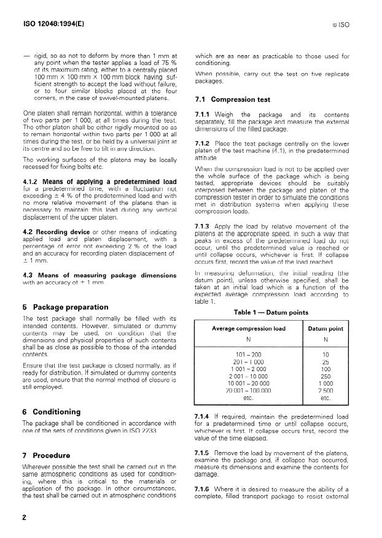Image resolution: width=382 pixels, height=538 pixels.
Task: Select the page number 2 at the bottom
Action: (25, 517)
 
